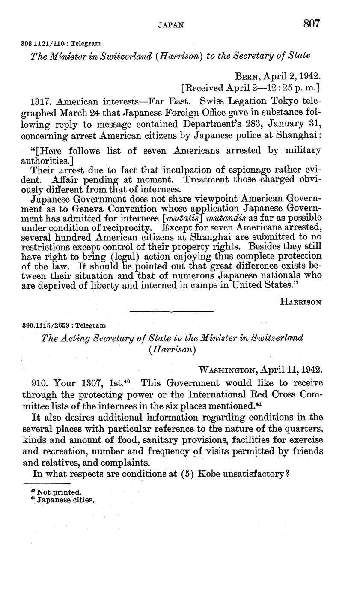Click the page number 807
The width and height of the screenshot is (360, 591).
(x=312, y=24)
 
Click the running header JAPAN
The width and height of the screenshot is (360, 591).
(x=171, y=25)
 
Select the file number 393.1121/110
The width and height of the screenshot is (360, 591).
(x=45, y=43)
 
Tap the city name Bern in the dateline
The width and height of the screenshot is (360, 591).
(x=247, y=76)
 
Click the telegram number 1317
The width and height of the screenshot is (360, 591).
(x=42, y=101)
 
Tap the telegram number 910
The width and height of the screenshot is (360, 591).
(x=41, y=383)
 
